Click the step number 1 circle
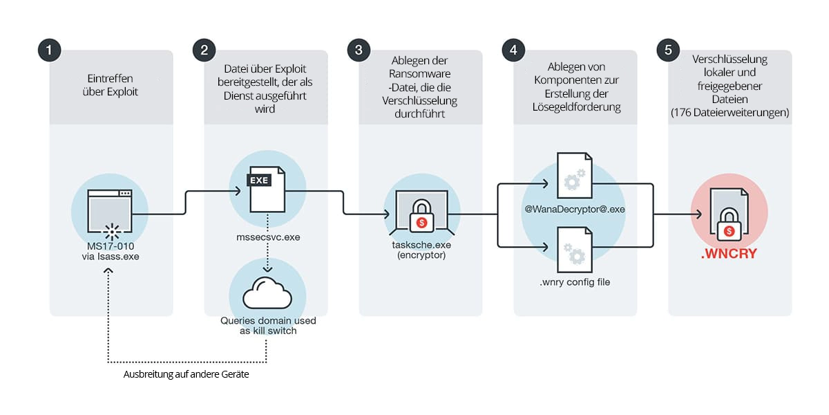(x=49, y=50)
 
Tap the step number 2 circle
(x=204, y=50)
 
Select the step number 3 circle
(x=359, y=50)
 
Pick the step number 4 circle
(x=513, y=50)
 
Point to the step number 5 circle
(x=668, y=50)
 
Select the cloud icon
(x=266, y=293)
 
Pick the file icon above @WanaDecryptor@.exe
(x=575, y=179)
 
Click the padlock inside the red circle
(x=730, y=220)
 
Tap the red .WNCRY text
(x=730, y=255)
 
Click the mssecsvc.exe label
(x=266, y=237)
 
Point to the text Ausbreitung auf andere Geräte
(x=186, y=374)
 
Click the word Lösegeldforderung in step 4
(x=575, y=107)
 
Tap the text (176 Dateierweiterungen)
(x=730, y=112)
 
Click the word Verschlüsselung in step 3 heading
(x=421, y=100)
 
